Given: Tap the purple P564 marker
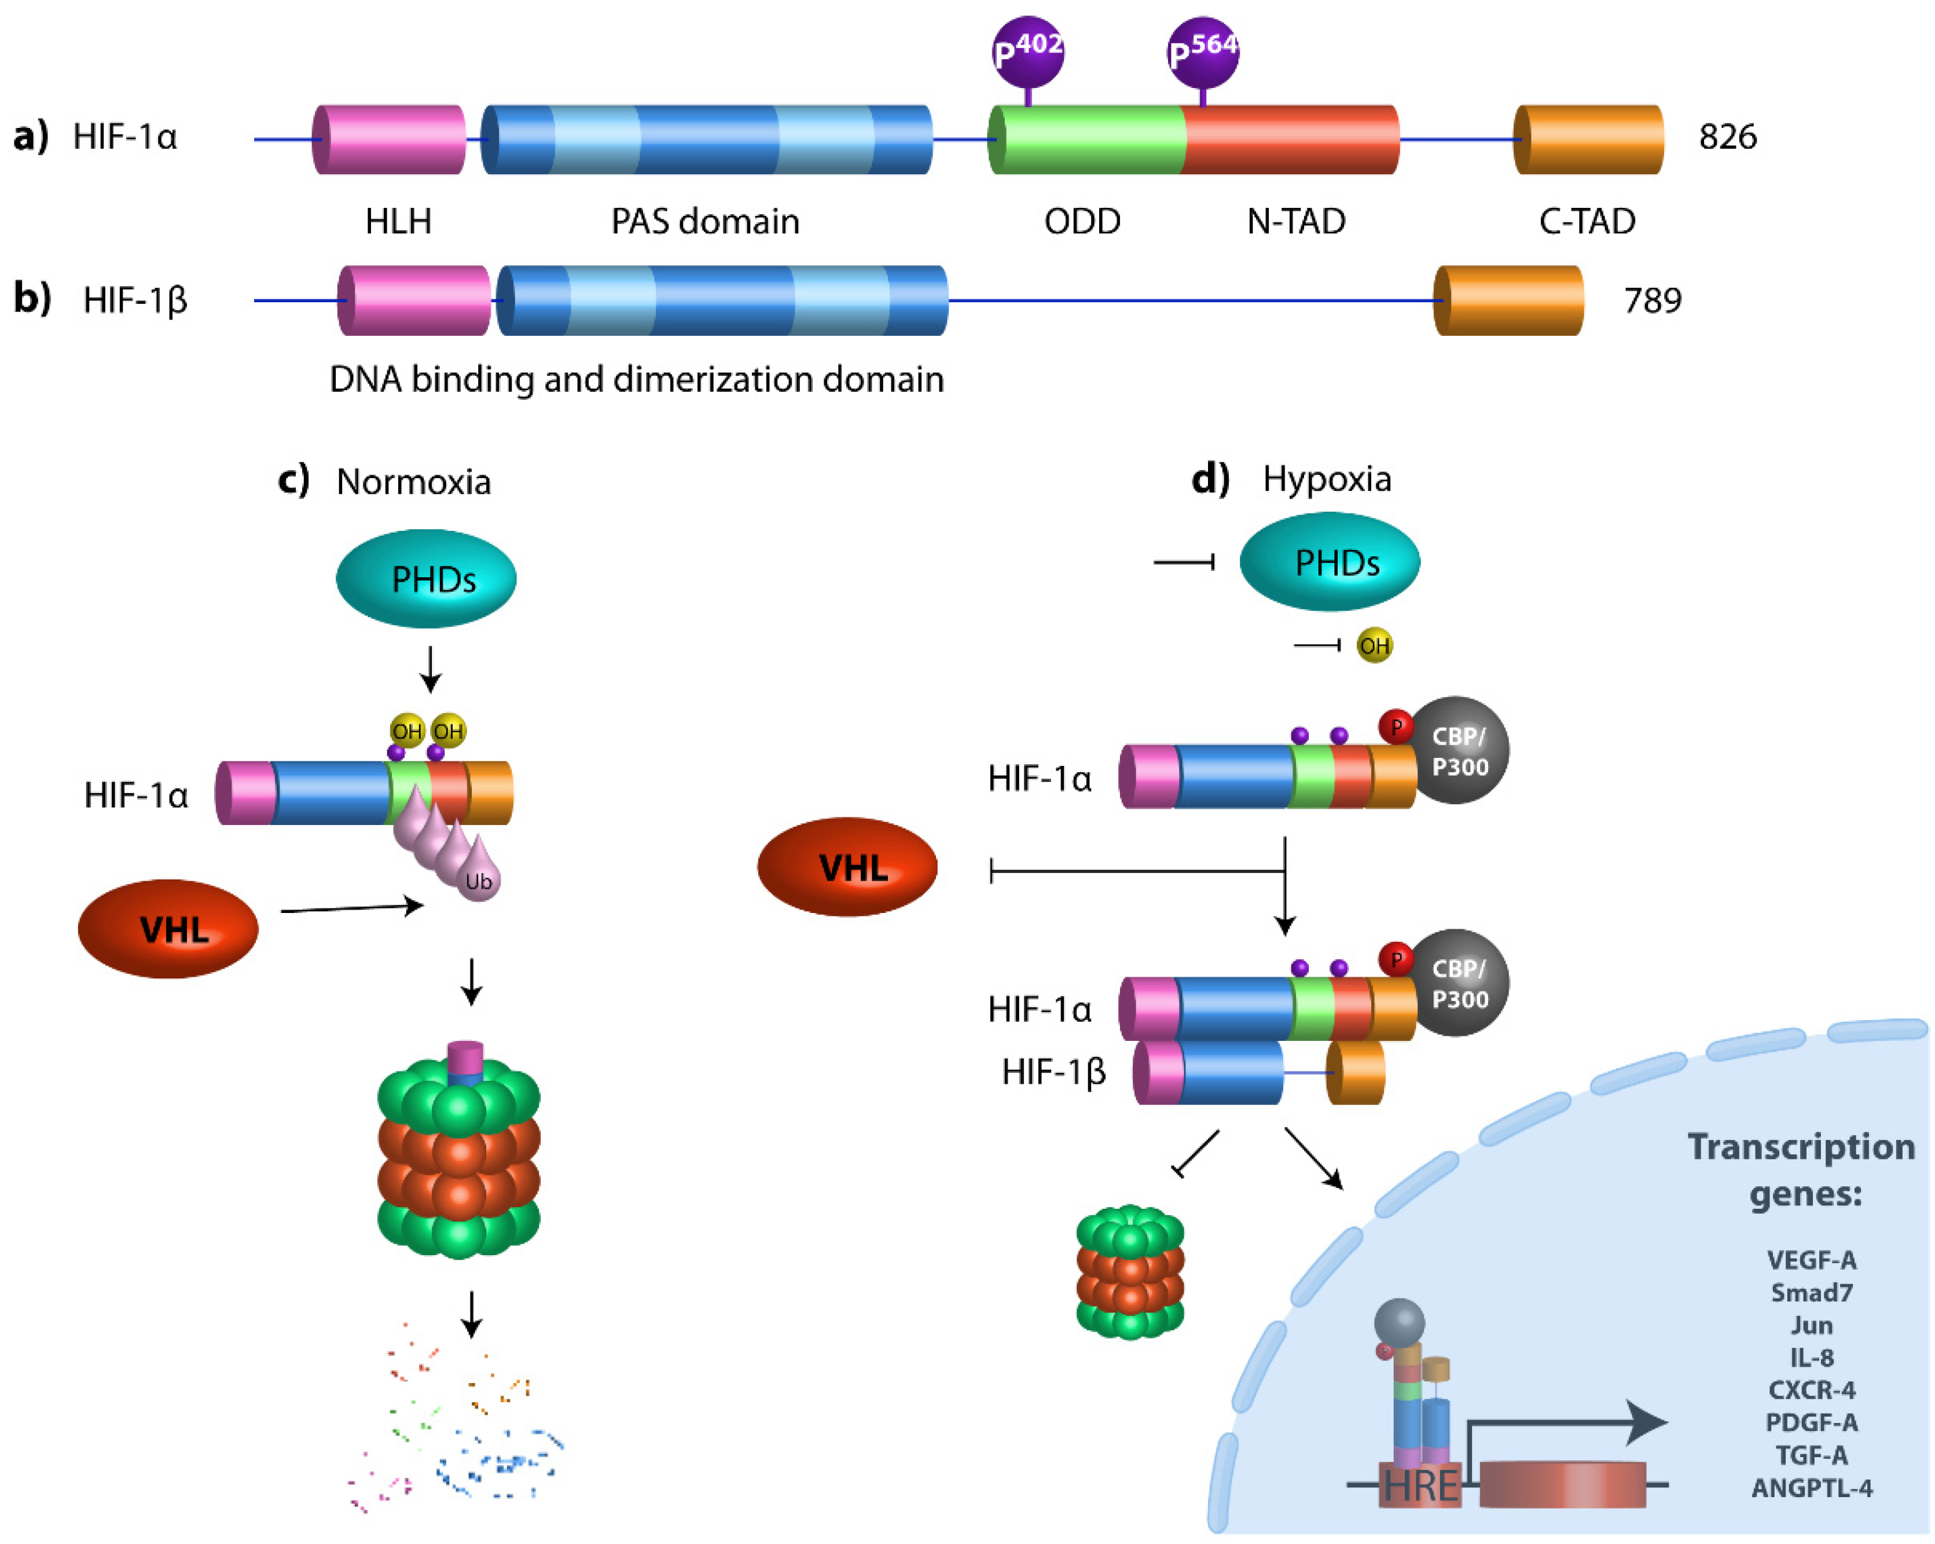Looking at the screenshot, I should point(1203,51).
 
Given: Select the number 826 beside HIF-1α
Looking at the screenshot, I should point(1727,137).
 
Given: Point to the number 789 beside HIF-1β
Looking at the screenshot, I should point(1653,300).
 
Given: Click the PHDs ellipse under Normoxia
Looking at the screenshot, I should point(427,579).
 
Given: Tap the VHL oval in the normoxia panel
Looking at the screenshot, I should point(169,929).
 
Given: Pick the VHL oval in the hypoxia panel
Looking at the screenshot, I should point(847,867).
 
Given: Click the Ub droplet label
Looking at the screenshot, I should point(478,882).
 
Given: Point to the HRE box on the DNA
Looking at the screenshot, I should point(1420,1486).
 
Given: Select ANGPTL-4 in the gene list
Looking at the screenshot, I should point(1811,1488).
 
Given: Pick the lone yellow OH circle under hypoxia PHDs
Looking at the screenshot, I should point(1374,646).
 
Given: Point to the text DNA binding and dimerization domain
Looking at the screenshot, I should point(636,380).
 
